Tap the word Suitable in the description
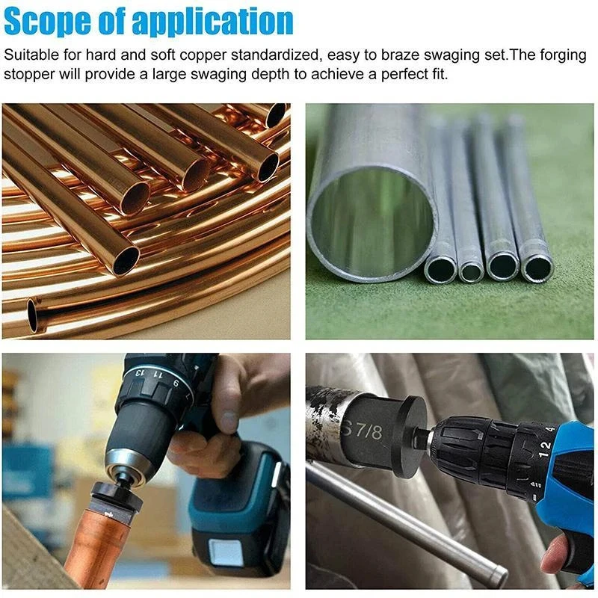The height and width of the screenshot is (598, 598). pyautogui.click(x=28, y=55)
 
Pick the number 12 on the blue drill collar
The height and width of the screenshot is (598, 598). pyautogui.click(x=545, y=446)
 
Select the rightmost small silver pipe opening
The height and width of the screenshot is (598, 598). pyautogui.click(x=536, y=268)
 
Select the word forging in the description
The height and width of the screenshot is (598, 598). pyautogui.click(x=538, y=55)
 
